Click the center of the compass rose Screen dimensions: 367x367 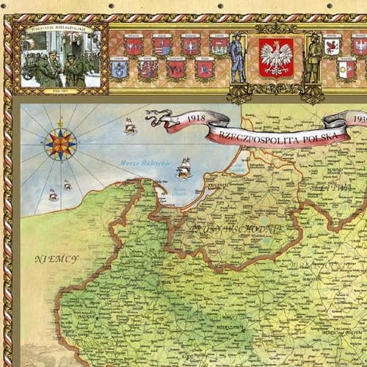point(61,144)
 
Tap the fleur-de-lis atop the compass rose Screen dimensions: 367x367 point(61,121)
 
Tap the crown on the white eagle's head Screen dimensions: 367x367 point(276,46)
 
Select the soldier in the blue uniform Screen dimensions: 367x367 point(237,58)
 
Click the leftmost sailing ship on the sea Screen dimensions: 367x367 point(53,195)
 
